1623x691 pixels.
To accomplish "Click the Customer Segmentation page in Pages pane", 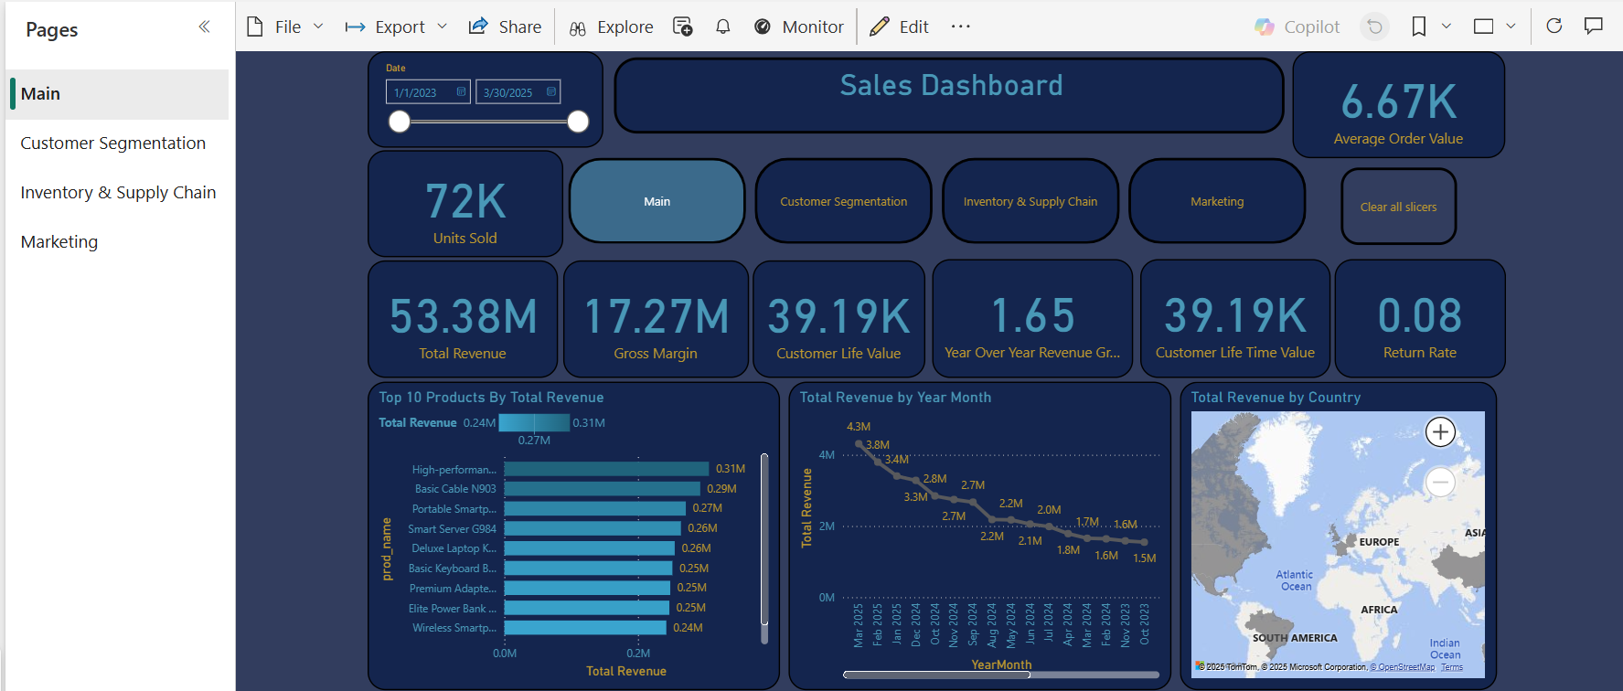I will point(113,144).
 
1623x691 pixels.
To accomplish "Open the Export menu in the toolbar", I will point(396,27).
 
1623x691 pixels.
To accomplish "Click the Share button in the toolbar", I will point(506,27).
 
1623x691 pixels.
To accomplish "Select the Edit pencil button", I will point(899,27).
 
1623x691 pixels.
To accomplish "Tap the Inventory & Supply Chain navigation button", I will point(1030,201).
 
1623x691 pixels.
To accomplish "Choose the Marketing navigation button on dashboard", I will point(1216,201).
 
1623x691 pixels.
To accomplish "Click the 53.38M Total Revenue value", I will point(464,316).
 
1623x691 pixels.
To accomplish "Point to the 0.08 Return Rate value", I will point(1419,316).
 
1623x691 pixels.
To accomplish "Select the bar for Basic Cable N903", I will point(602,489).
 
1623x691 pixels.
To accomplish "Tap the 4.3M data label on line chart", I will point(859,427).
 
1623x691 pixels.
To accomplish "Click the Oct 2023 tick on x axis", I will point(1144,625).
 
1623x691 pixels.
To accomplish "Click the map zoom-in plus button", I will point(1440,432).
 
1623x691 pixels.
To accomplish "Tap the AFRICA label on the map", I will point(1379,610).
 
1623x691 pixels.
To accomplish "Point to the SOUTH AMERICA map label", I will point(1295,638).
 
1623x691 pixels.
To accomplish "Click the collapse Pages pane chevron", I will point(204,27).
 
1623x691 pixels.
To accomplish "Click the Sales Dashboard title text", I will point(951,86).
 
